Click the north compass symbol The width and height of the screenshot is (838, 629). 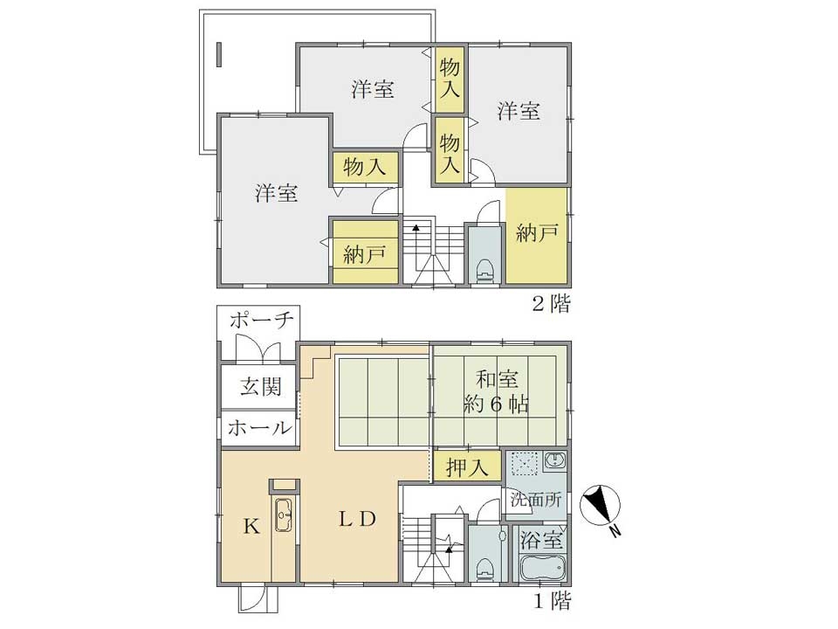(601, 504)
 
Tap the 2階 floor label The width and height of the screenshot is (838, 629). (551, 304)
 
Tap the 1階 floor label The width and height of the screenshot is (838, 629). (553, 601)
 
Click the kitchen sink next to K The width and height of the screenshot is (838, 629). (283, 515)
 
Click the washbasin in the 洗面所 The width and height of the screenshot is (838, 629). (555, 460)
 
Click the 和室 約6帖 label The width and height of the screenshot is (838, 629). (497, 391)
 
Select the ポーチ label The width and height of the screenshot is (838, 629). (262, 321)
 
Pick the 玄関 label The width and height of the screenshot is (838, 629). (261, 386)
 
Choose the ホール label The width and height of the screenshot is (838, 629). (260, 427)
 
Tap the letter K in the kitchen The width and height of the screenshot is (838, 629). (251, 527)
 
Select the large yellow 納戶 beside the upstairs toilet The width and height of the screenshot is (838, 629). (537, 235)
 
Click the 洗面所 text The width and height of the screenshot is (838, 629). (536, 500)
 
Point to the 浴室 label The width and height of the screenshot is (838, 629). (541, 540)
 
